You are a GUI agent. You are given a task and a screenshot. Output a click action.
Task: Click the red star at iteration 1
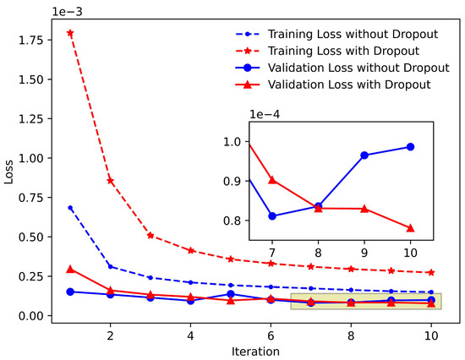click(x=70, y=33)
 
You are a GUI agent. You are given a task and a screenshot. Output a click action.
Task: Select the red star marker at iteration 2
click(x=110, y=181)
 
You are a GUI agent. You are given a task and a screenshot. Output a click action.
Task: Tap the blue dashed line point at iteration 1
click(x=70, y=207)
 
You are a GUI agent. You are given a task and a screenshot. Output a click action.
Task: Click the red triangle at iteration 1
click(x=70, y=269)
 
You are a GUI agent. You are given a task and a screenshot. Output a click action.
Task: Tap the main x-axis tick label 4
click(x=190, y=335)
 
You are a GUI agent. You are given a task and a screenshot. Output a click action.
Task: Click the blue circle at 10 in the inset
click(x=411, y=146)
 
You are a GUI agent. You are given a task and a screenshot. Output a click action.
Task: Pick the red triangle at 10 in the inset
click(x=411, y=227)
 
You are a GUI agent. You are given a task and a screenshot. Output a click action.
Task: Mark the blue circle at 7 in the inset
click(x=272, y=216)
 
